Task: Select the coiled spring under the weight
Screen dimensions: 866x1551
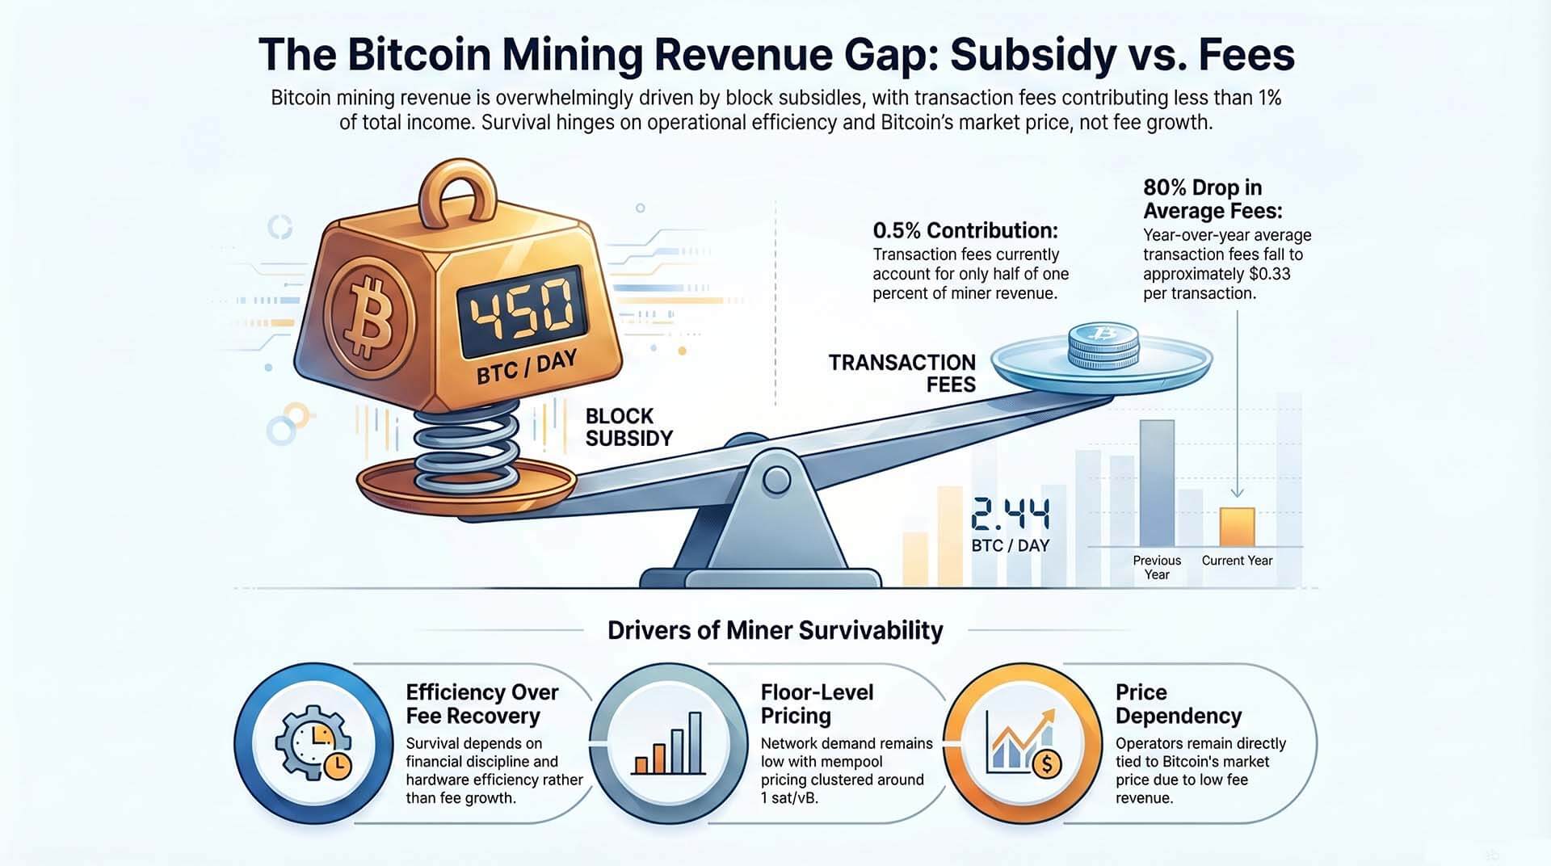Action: point(466,449)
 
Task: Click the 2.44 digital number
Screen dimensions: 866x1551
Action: point(1011,515)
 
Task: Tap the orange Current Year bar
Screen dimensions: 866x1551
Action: point(1237,527)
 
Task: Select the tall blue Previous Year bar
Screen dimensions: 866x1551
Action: point(1157,482)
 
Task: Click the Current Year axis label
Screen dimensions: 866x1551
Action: point(1237,561)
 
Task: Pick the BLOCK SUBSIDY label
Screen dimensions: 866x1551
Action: point(628,427)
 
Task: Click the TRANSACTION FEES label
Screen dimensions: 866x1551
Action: point(902,373)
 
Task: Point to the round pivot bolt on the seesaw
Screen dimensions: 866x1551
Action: point(776,480)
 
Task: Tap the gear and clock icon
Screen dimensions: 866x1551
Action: point(313,743)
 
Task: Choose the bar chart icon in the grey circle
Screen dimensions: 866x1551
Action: point(668,743)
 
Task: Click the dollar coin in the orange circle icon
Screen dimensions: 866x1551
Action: point(1047,762)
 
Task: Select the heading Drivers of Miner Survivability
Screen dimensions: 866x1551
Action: point(775,630)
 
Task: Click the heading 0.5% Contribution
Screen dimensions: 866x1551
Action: point(965,231)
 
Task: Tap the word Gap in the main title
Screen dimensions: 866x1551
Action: point(892,55)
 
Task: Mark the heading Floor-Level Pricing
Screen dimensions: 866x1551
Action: point(816,704)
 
